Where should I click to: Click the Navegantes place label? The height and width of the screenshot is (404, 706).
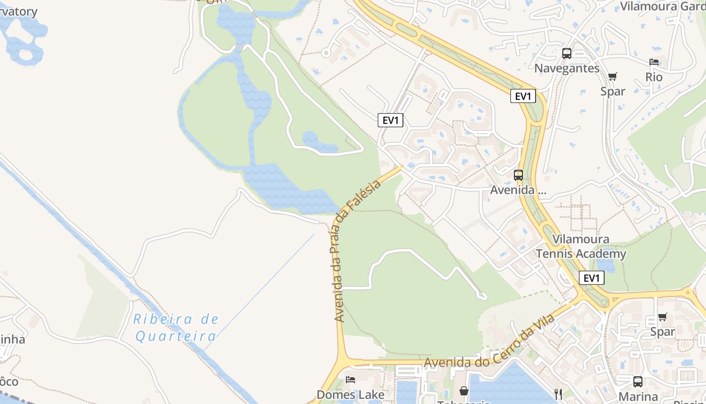(567, 68)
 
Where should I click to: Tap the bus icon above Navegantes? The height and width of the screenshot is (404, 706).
(567, 53)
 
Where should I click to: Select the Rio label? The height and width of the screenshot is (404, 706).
(654, 77)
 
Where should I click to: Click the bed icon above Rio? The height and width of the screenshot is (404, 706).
(654, 62)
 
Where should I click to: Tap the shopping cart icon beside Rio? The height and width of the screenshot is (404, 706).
(613, 76)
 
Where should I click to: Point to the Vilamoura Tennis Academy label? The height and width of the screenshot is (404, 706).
(581, 246)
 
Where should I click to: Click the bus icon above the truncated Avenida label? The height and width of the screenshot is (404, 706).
(518, 175)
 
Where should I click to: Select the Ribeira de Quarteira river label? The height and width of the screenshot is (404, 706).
(176, 327)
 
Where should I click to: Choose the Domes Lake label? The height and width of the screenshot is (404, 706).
(350, 394)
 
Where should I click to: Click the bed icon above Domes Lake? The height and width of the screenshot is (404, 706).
(350, 379)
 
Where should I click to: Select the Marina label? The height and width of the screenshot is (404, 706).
(638, 396)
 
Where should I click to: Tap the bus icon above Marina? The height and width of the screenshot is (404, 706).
(638, 382)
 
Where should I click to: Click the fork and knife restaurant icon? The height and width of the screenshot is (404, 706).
(558, 394)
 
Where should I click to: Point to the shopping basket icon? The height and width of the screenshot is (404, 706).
(463, 391)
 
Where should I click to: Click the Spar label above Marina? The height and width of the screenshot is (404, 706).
(662, 332)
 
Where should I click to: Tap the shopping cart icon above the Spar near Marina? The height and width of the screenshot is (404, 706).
(662, 317)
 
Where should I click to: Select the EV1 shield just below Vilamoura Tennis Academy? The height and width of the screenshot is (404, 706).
(592, 278)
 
